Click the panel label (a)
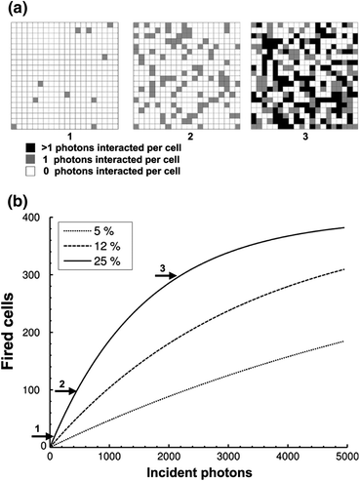point(18,9)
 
